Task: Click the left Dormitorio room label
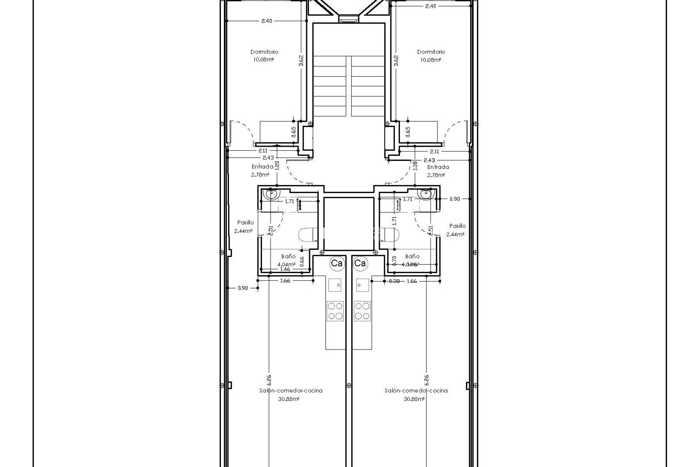click(264, 52)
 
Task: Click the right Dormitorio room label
click(431, 52)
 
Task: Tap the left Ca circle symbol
click(336, 263)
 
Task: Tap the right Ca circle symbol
click(360, 263)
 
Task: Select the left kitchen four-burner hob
click(335, 311)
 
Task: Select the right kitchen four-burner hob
click(362, 311)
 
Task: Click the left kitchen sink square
click(335, 285)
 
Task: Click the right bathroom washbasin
click(426, 194)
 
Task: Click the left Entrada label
click(262, 167)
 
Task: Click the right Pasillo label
click(457, 226)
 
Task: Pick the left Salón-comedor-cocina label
click(291, 390)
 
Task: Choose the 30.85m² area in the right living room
click(414, 399)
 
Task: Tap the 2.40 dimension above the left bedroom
click(267, 21)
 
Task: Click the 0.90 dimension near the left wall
click(242, 288)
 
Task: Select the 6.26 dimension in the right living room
click(427, 380)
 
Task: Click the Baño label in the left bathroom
click(288, 256)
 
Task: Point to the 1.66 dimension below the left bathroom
click(285, 281)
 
